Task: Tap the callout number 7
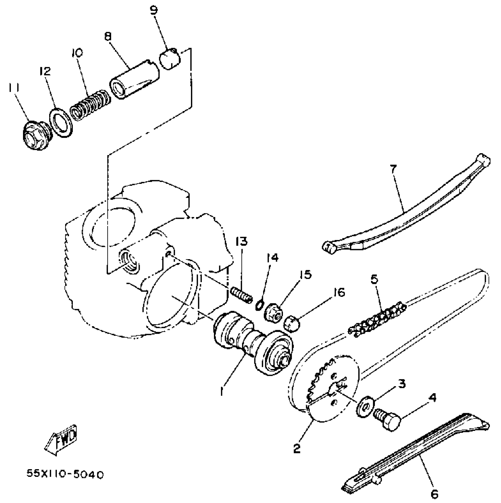coord(393,169)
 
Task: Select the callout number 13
coord(241,241)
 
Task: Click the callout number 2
coord(297,448)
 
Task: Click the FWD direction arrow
coord(61,440)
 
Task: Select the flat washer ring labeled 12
coord(62,123)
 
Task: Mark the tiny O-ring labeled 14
coord(259,305)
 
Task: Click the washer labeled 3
coord(365,408)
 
